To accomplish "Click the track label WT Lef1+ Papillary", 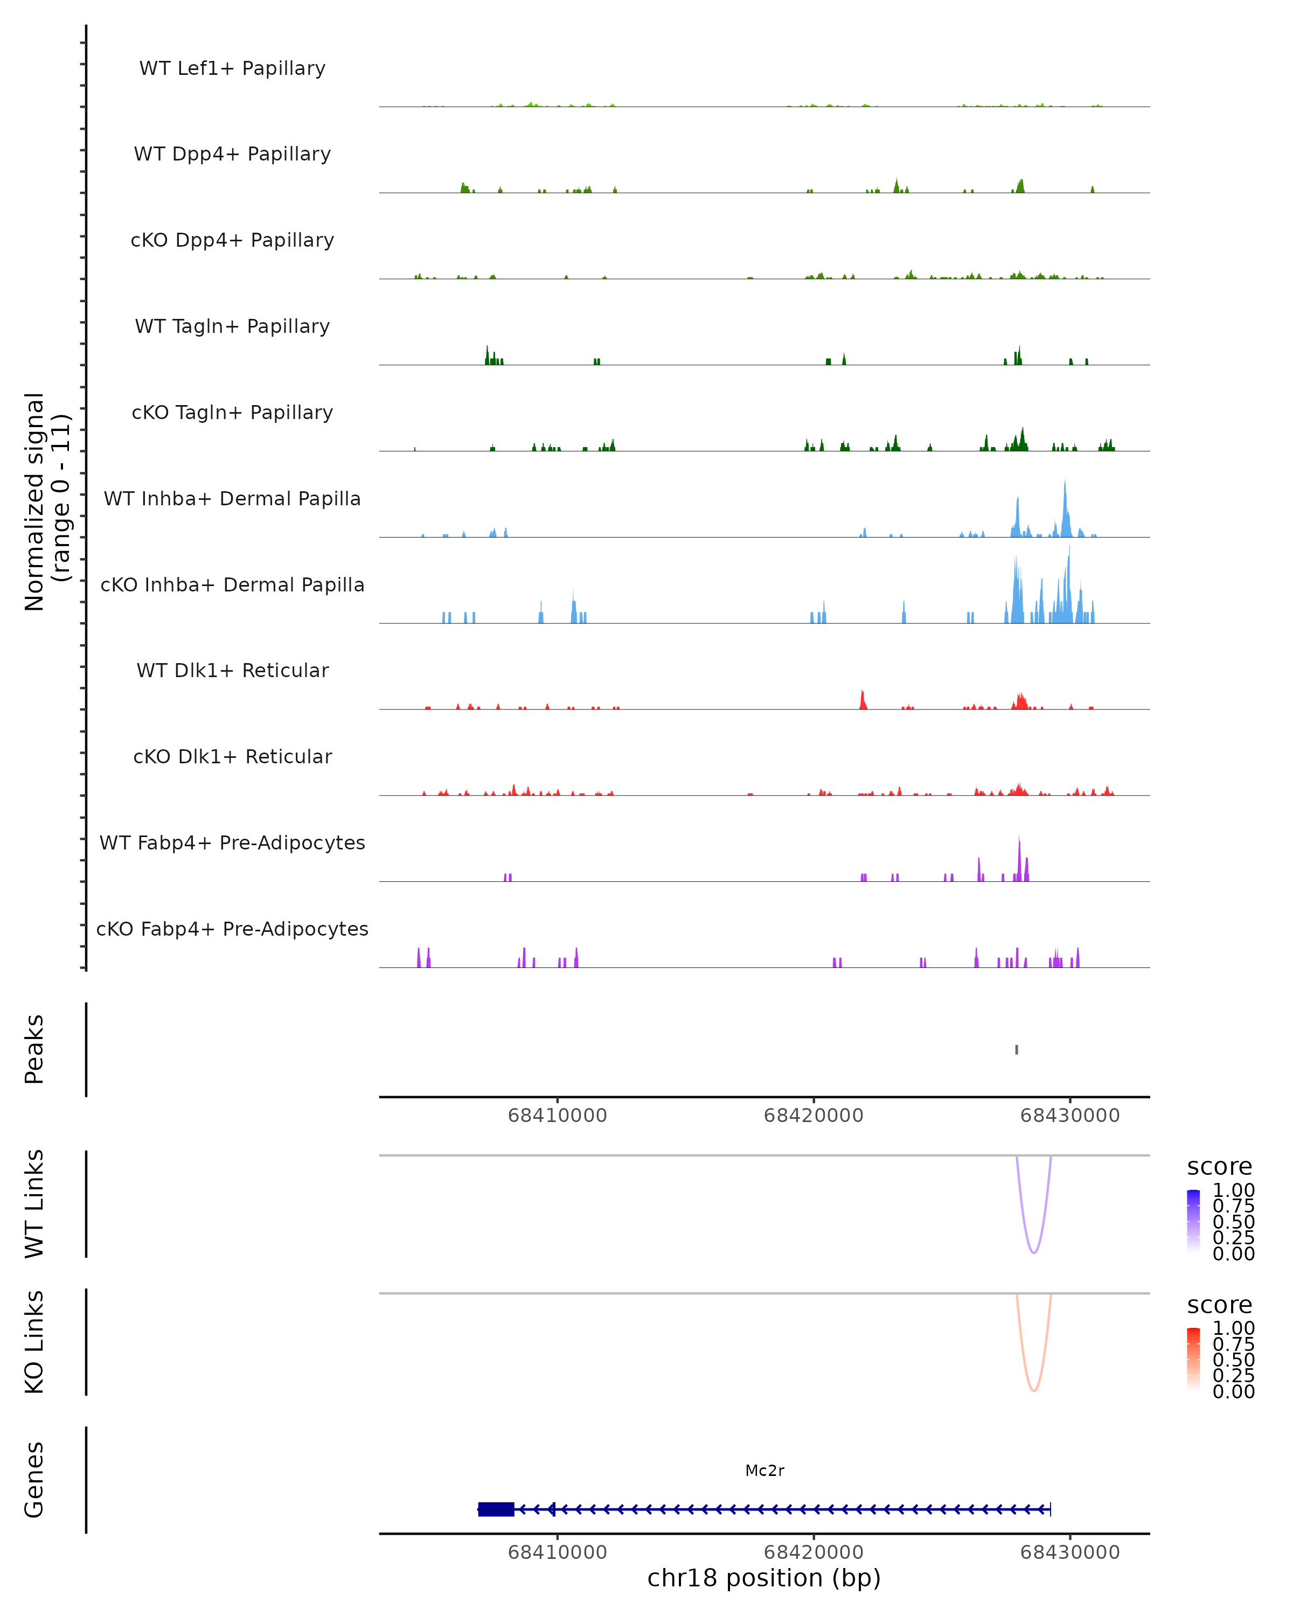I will [x=232, y=68].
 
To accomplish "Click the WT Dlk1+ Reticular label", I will [x=232, y=670].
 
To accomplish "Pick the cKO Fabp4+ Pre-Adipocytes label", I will [x=232, y=929].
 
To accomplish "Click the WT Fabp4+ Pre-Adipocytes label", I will [x=232, y=842].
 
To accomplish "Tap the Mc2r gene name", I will [x=764, y=1471].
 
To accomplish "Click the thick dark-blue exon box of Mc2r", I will [x=496, y=1509].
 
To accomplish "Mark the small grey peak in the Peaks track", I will [x=1017, y=1049].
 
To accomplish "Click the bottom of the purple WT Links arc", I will [x=1034, y=1252].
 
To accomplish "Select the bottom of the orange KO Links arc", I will [x=1034, y=1390].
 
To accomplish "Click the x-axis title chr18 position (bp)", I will [x=764, y=1578].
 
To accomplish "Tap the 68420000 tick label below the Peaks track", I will [x=814, y=1116].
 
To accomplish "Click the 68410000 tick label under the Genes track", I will [x=557, y=1552].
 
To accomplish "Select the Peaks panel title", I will [x=34, y=1049].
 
